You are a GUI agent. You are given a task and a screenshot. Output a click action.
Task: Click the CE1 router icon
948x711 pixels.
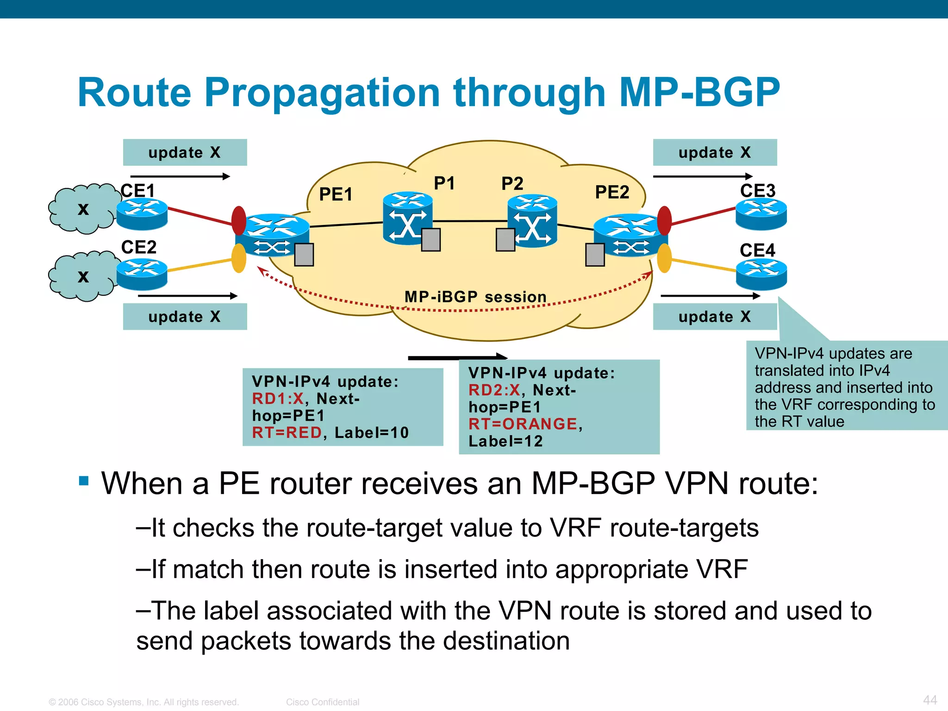(x=142, y=213)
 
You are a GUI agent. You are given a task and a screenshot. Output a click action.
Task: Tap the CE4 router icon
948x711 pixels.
(x=761, y=274)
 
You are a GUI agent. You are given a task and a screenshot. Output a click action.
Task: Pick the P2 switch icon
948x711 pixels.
(x=532, y=219)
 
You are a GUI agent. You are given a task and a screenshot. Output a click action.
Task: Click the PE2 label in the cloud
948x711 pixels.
(x=612, y=192)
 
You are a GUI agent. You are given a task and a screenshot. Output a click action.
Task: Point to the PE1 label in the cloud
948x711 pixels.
(x=336, y=194)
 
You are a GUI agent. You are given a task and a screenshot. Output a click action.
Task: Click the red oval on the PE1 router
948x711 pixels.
(x=239, y=220)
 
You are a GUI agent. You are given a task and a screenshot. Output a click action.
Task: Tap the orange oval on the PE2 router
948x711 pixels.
(x=664, y=258)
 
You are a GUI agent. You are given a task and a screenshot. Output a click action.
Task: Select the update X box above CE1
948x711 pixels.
(x=185, y=152)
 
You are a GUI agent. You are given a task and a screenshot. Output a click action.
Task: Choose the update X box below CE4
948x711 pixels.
(x=714, y=317)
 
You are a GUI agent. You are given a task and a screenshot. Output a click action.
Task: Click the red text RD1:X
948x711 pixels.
(x=277, y=399)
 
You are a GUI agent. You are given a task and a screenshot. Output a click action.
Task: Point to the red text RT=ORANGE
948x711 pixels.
(x=523, y=424)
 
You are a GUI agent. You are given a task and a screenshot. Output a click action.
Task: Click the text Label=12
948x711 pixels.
(x=505, y=441)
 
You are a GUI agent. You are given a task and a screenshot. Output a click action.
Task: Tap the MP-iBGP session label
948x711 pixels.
(x=475, y=297)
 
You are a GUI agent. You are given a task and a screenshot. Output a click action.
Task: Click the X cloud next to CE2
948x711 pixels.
(x=81, y=276)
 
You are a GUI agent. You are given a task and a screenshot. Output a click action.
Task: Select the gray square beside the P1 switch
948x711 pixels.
(x=430, y=240)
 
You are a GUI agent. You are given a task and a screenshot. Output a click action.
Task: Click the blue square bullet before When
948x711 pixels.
(x=84, y=480)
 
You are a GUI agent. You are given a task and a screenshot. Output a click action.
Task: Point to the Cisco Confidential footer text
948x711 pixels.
(x=322, y=702)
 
